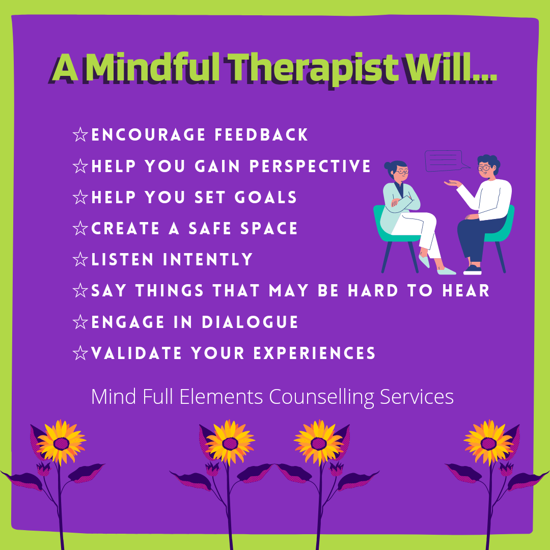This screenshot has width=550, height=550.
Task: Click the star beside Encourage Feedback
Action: click(80, 134)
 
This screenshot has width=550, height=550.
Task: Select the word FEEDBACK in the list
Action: click(261, 134)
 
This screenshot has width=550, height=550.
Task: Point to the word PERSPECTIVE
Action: click(310, 166)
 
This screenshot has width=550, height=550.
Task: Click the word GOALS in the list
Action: click(266, 197)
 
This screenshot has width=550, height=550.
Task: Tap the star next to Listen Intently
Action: click(80, 259)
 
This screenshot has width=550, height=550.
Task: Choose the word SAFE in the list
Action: click(210, 228)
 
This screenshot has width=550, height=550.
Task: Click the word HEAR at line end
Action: click(465, 290)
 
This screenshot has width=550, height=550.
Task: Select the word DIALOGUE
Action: click(250, 322)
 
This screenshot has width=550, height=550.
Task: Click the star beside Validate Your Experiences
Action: click(80, 353)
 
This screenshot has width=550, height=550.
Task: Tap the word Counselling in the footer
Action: click(322, 397)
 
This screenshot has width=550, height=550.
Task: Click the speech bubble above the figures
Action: click(444, 160)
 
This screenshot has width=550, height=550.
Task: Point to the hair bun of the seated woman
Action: click(387, 166)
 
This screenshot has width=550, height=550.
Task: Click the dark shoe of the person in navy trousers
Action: click(473, 270)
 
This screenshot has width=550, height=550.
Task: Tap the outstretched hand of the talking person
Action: click(453, 183)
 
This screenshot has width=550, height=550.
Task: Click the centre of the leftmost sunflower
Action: click(62, 444)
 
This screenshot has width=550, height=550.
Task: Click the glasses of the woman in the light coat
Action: click(402, 172)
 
